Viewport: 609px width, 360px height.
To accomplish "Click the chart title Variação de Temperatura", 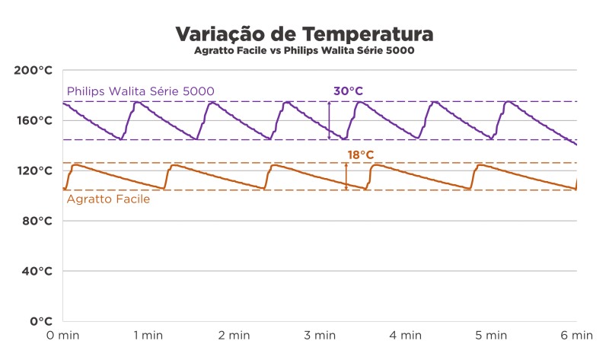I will (x=304, y=34).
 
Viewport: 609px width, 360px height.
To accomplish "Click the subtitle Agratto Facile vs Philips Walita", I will (x=304, y=51).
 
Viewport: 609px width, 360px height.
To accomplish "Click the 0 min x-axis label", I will (x=62, y=335).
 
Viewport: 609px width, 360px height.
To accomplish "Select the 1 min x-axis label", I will (x=148, y=335).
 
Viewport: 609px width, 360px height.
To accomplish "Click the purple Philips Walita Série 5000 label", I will (x=140, y=91).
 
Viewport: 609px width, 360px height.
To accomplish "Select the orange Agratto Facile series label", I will (x=108, y=199).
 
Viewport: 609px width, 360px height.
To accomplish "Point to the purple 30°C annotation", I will (x=348, y=91).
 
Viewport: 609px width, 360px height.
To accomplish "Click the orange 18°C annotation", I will (x=360, y=155).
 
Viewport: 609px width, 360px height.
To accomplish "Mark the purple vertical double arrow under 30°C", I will (x=329, y=120).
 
